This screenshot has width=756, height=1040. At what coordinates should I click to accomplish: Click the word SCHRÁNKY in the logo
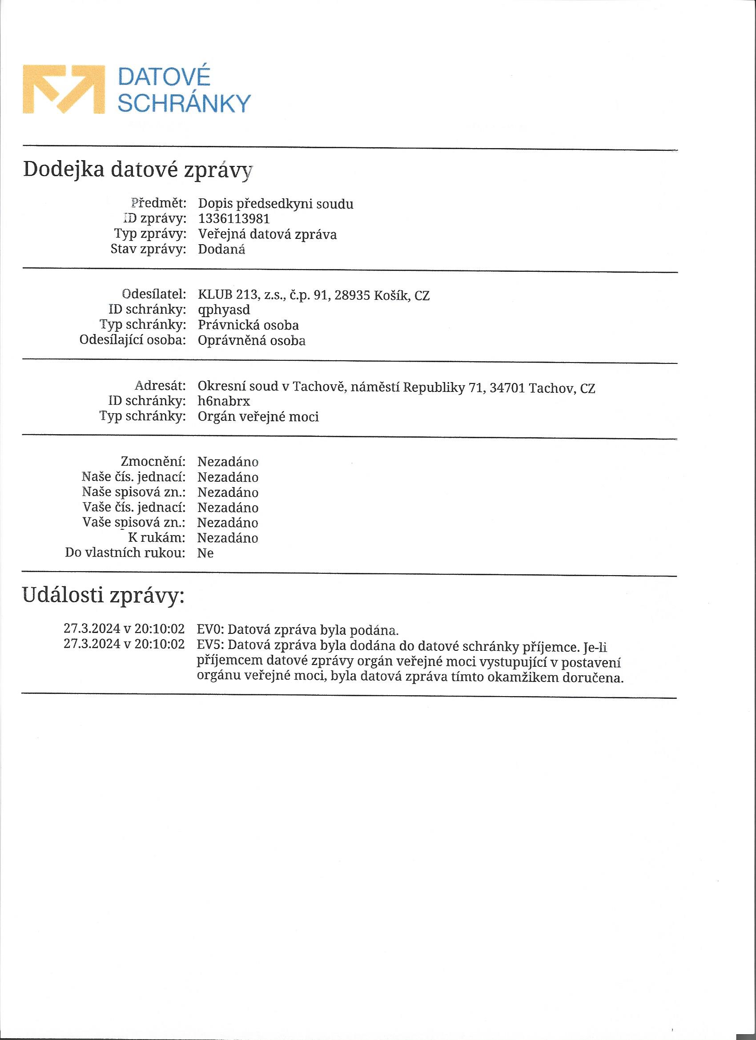184,104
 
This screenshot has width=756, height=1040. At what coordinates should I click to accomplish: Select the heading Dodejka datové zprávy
137,169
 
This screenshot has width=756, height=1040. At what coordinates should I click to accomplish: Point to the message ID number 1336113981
234,219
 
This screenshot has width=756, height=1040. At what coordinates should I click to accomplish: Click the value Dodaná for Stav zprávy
221,250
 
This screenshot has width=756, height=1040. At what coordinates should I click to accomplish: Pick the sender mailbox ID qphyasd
224,310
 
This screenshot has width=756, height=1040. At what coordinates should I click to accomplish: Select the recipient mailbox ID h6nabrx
224,401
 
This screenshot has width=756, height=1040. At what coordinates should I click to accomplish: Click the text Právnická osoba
248,325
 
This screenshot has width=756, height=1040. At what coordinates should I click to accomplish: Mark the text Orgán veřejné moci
258,416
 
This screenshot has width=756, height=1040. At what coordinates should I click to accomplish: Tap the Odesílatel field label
154,294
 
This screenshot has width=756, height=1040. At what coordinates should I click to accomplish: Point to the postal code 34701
507,388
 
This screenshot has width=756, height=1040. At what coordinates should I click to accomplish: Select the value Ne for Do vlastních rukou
205,553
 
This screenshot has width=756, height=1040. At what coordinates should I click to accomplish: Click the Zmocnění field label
153,461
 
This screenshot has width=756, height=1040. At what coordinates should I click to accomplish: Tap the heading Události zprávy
104,596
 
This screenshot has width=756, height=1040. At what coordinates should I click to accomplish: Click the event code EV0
209,629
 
